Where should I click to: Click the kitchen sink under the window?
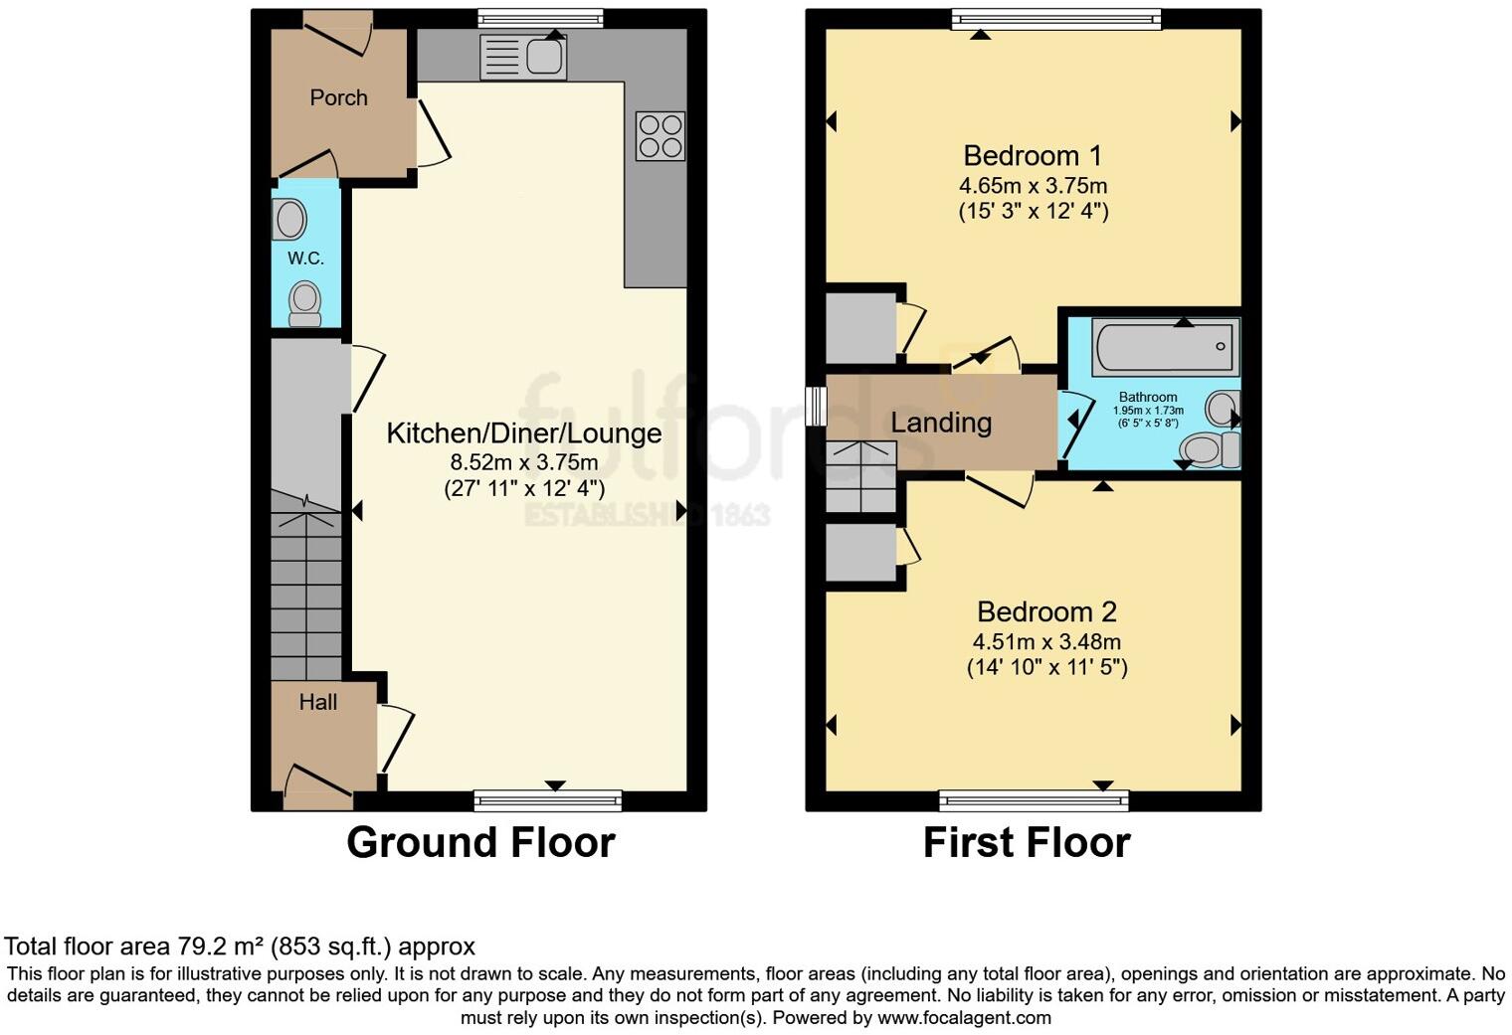tap(523, 57)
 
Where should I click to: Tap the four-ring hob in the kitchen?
tap(661, 135)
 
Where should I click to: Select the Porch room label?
tap(338, 97)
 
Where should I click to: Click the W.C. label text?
tap(306, 259)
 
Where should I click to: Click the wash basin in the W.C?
tap(289, 220)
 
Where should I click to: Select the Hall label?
tap(318, 702)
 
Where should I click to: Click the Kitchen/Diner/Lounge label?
tap(523, 433)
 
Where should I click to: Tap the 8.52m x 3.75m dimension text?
tap(523, 462)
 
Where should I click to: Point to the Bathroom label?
tap(1148, 397)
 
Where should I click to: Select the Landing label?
tap(941, 423)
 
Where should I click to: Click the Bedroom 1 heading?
tap(1033, 156)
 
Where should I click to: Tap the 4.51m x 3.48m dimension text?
tap(1046, 641)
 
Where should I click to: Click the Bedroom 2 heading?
tap(1046, 612)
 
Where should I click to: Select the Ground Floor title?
tap(480, 843)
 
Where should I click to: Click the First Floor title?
tap(1027, 843)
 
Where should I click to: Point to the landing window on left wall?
tap(817, 406)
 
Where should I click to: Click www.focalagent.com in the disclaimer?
tap(963, 1018)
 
